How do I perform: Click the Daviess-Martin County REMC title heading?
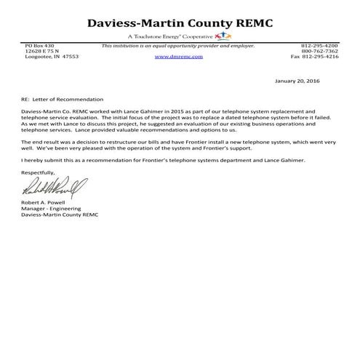click(180, 23)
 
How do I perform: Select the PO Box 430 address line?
click(36, 46)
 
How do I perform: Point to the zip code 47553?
click(69, 57)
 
